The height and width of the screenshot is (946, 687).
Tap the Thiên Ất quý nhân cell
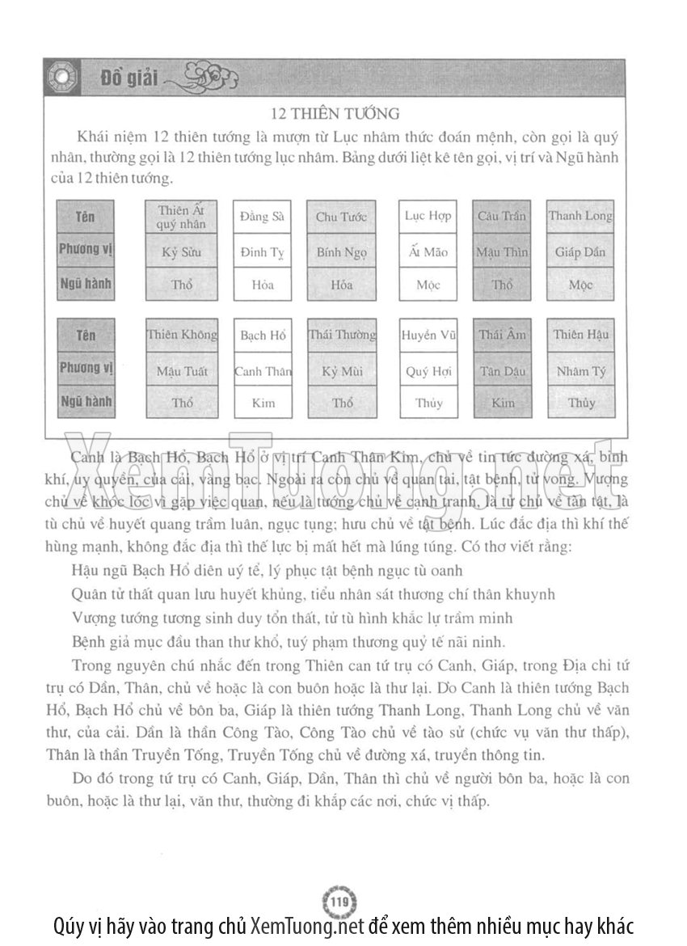(x=182, y=217)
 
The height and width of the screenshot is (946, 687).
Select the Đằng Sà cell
(x=263, y=217)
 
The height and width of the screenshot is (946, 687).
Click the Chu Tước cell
(x=341, y=217)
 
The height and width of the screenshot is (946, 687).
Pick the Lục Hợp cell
(x=428, y=216)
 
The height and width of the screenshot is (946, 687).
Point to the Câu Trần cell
(x=502, y=217)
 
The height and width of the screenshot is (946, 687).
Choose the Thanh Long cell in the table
(x=580, y=216)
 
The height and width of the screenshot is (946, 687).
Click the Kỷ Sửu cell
(x=182, y=251)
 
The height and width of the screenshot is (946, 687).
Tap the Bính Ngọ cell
(x=341, y=251)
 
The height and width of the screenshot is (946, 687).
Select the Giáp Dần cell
(x=580, y=251)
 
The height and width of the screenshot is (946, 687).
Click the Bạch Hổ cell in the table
(x=263, y=336)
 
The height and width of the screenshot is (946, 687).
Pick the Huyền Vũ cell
(x=428, y=336)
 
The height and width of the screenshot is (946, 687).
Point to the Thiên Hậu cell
(x=580, y=335)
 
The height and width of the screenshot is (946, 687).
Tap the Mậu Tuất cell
(x=182, y=371)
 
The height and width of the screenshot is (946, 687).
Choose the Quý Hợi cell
(x=428, y=371)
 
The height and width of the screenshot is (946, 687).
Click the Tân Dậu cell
(x=502, y=371)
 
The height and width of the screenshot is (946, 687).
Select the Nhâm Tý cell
(x=580, y=371)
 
